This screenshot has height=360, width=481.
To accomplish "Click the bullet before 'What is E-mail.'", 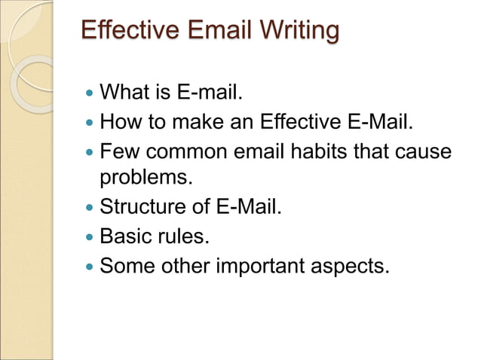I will pyautogui.click(x=90, y=95).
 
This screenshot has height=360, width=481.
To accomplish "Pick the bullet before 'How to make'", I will pyautogui.click(x=90, y=123).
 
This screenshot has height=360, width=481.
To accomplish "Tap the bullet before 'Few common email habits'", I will pyautogui.click(x=90, y=151).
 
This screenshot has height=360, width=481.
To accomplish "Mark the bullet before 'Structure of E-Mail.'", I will pyautogui.click(x=90, y=207).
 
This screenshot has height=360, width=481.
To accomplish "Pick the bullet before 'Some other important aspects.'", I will pyautogui.click(x=90, y=267).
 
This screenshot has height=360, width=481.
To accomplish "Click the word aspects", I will pyautogui.click(x=355, y=266).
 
